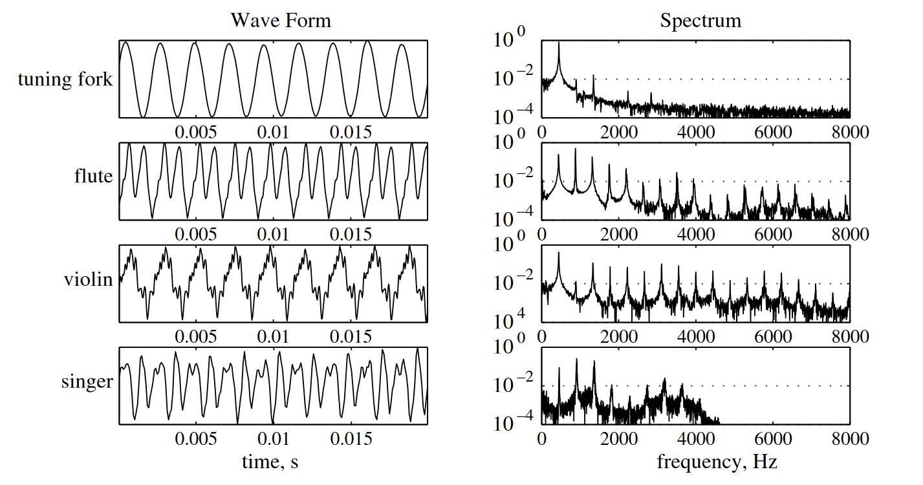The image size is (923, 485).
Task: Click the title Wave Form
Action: [281, 20]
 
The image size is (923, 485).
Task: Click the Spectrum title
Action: [700, 20]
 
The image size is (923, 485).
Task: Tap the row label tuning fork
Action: [65, 80]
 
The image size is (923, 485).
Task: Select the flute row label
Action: [93, 176]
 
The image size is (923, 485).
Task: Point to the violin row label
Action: [89, 279]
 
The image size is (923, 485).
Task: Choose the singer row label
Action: [87, 382]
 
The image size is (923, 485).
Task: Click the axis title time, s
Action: [270, 462]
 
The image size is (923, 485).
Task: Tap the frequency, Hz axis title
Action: [717, 462]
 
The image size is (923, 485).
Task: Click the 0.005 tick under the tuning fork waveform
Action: [197, 132]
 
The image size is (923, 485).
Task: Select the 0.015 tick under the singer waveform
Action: [351, 438]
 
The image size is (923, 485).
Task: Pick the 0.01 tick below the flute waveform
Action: [274, 234]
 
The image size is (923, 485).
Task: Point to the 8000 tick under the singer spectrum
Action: [849, 438]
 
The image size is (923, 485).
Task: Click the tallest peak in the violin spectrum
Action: [559, 253]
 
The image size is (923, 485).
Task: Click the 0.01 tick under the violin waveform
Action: [274, 336]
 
